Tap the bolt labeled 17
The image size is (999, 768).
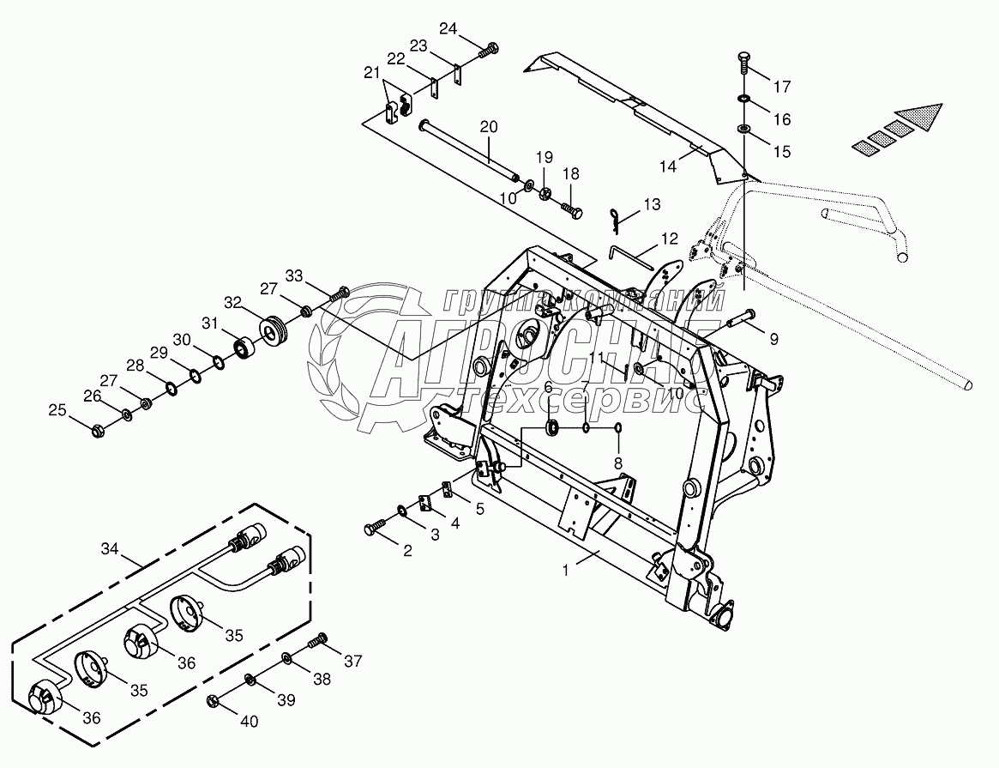(x=745, y=61)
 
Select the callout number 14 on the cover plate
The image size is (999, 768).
(x=668, y=166)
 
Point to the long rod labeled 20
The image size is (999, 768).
(x=467, y=148)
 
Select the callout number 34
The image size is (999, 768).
(x=110, y=548)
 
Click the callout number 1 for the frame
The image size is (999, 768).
(x=565, y=571)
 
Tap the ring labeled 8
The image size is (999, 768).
(x=617, y=428)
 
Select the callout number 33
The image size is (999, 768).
(x=294, y=276)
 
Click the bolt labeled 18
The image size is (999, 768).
(x=572, y=210)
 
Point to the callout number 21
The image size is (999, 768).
(x=372, y=73)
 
